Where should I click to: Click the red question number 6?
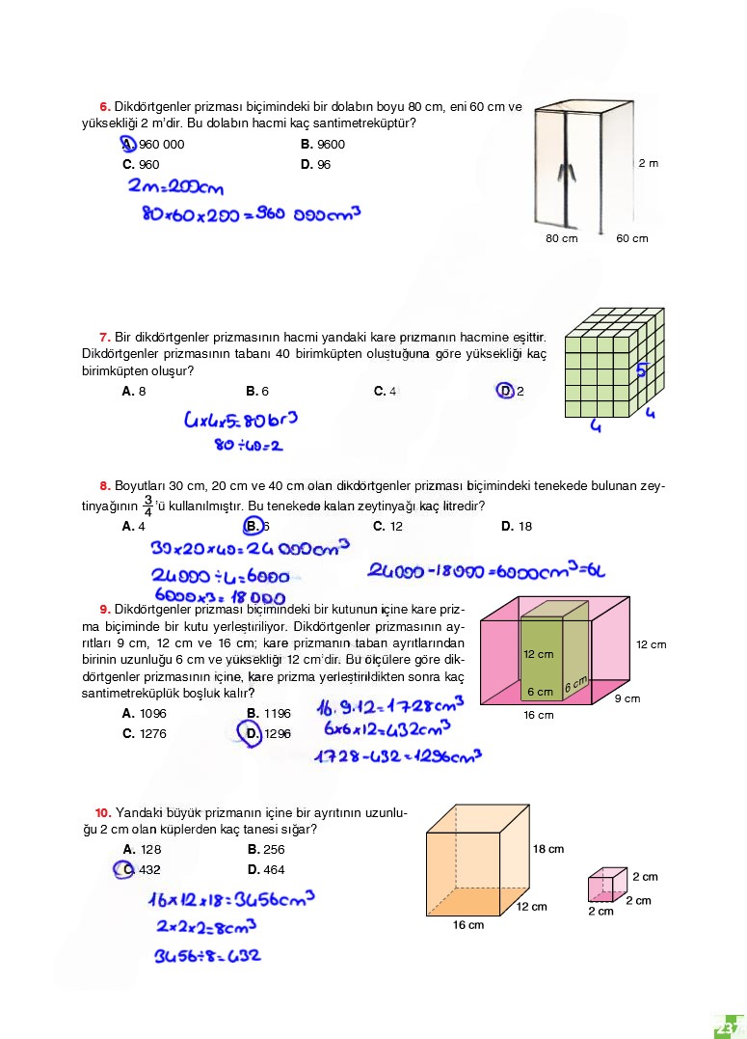(x=104, y=106)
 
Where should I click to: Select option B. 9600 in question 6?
(x=323, y=145)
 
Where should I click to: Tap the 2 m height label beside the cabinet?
(x=649, y=163)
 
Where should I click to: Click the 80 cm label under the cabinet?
(x=562, y=238)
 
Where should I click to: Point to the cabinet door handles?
(x=568, y=172)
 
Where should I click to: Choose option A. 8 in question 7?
(x=134, y=392)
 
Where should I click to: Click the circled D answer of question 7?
(x=506, y=391)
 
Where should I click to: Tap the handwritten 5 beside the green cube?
(x=641, y=369)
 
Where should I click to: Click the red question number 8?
(x=104, y=486)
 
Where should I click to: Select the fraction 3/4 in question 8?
(x=147, y=506)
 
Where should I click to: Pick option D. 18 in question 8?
(x=517, y=527)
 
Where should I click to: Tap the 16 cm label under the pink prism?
(x=538, y=715)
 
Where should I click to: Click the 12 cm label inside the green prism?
(x=538, y=653)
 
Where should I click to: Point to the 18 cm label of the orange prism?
(x=548, y=849)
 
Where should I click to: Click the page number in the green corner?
(x=726, y=1025)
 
